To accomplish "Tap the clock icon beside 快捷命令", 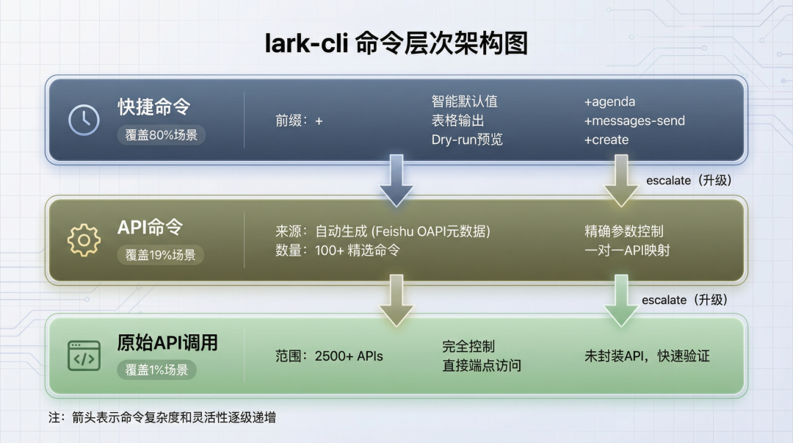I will click(x=84, y=120).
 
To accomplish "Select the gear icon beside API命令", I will click(x=84, y=240).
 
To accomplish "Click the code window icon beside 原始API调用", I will click(x=84, y=356).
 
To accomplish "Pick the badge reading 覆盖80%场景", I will click(x=162, y=134).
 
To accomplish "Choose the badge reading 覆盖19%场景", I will click(x=160, y=255).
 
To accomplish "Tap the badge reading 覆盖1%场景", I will click(x=156, y=370).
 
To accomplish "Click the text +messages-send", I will click(x=634, y=120).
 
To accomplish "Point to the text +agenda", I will click(x=609, y=101).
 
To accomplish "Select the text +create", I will click(x=606, y=140).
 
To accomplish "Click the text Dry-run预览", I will click(x=467, y=140).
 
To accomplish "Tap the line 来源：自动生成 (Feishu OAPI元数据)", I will click(x=377, y=231).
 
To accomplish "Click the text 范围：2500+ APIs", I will click(x=329, y=356).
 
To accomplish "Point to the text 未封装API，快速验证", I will click(x=647, y=356).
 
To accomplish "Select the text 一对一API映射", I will click(x=627, y=251).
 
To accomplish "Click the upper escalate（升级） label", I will click(x=689, y=180).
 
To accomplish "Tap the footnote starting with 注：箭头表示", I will click(x=162, y=417).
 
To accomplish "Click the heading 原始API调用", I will click(x=167, y=343).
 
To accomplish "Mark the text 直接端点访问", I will click(x=482, y=365).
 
